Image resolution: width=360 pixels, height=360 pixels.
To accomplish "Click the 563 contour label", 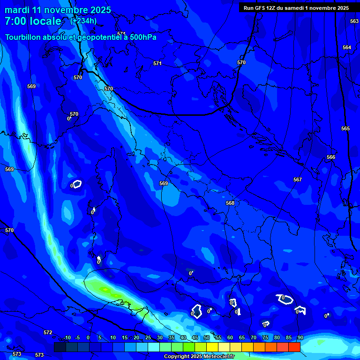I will click(x=354, y=21).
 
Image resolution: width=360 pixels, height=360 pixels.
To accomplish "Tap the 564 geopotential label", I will click(x=347, y=47).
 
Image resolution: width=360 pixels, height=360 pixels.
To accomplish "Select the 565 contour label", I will click(x=345, y=128).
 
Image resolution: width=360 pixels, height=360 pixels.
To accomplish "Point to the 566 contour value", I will click(x=331, y=157).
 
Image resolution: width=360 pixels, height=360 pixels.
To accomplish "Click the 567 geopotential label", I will click(x=298, y=180).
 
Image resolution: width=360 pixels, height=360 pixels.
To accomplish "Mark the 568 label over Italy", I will click(x=230, y=203).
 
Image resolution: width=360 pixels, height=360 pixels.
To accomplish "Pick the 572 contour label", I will click(x=48, y=332).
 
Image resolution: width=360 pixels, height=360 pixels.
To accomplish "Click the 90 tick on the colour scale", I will click(x=300, y=337).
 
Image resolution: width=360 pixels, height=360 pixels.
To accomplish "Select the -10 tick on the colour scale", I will click(x=67, y=337).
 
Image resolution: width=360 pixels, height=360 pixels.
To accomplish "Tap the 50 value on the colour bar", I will click(x=207, y=337).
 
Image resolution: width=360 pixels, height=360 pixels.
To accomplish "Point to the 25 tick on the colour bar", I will click(x=148, y=337).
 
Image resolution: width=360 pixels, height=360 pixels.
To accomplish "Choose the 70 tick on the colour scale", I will click(x=254, y=337).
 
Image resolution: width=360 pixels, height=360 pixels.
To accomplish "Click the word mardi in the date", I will click(x=17, y=10).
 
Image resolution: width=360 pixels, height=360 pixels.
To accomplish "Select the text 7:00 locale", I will click(x=33, y=21).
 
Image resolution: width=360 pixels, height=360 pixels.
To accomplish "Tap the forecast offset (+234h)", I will click(x=83, y=21).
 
